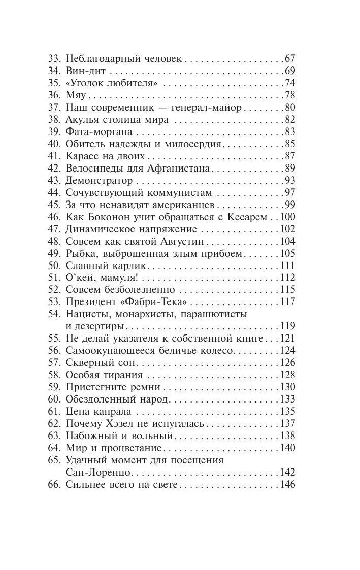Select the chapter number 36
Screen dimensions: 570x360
[x=54, y=95]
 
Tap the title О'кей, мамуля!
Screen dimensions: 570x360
[x=102, y=278]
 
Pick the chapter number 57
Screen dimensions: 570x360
[x=54, y=363]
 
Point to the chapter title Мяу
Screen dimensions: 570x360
[x=76, y=95]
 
